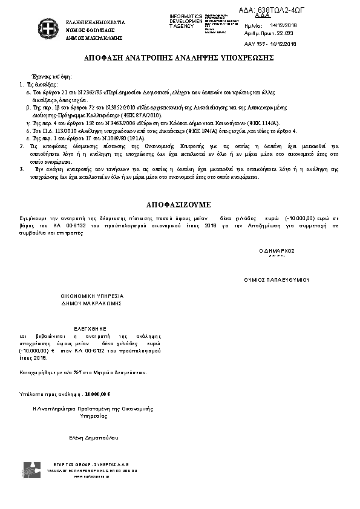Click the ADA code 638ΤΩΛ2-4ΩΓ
[266, 9]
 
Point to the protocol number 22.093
[284, 34]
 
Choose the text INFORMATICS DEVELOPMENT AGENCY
[186, 21]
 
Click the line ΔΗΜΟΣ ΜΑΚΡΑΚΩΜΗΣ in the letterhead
[94, 37]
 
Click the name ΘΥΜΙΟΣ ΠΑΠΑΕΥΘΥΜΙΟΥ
[277, 280]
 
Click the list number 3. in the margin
[22, 170]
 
